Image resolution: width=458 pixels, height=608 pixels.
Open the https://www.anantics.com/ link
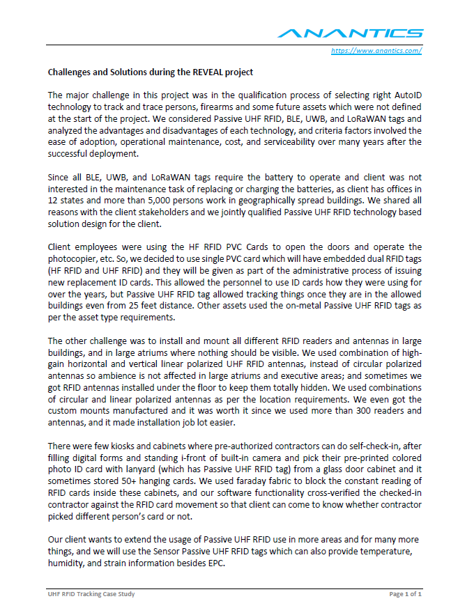[376, 50]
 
